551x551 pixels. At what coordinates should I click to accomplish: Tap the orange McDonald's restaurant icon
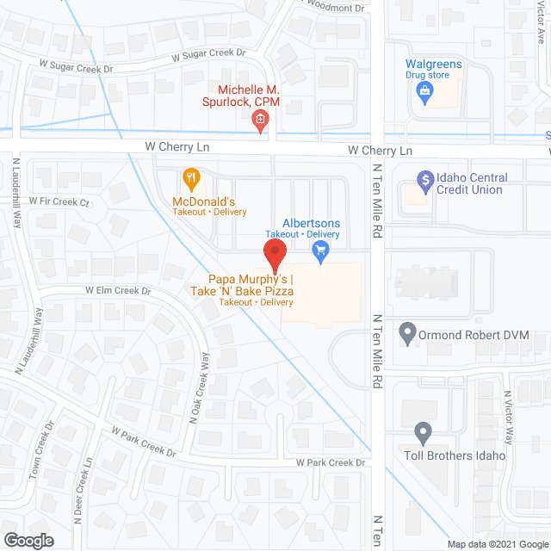[192, 180]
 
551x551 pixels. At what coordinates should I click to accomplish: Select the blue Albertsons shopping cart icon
[321, 251]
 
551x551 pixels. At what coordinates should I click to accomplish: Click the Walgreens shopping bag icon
[424, 95]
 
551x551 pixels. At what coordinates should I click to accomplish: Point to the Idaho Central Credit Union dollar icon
[424, 181]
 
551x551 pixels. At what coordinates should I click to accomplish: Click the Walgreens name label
[434, 65]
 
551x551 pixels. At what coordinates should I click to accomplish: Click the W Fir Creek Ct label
[59, 201]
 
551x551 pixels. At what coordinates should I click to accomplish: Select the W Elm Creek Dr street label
[118, 292]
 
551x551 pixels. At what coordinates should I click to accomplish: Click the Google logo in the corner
[28, 541]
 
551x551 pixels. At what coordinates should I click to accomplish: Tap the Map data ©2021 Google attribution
[498, 544]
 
